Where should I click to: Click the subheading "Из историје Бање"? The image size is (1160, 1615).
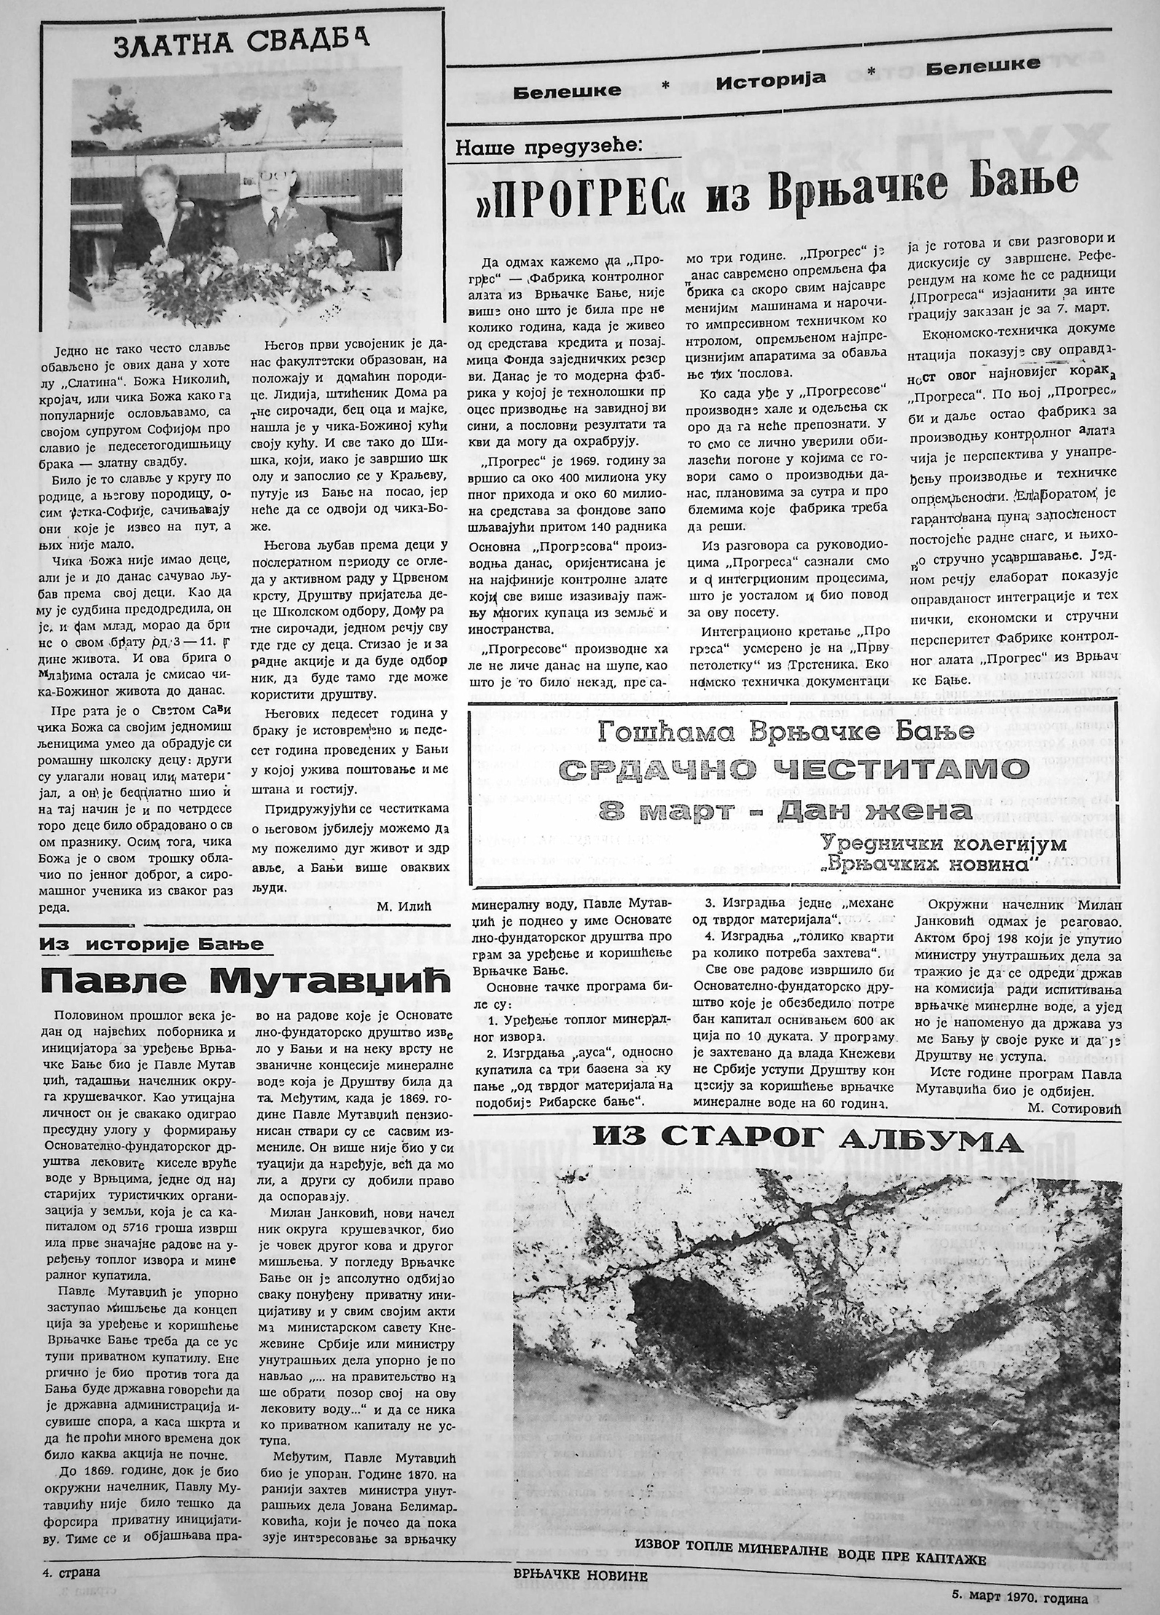pyautogui.click(x=152, y=945)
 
